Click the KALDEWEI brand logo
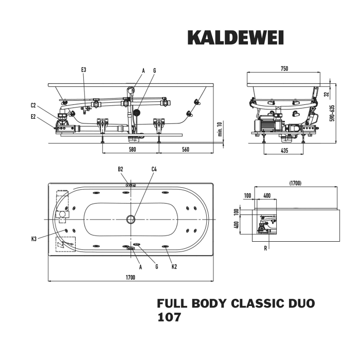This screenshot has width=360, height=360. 235,38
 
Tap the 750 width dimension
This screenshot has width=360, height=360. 284,68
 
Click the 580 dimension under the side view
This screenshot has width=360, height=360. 132,150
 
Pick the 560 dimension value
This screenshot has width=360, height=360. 186,150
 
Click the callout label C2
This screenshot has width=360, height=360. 33,106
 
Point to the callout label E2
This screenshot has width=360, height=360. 33,117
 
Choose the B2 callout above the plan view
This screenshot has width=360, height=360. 120,169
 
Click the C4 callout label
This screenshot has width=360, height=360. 154,169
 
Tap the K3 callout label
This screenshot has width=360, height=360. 33,238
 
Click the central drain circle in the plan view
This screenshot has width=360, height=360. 131,220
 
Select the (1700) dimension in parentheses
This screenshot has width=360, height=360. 295,183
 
